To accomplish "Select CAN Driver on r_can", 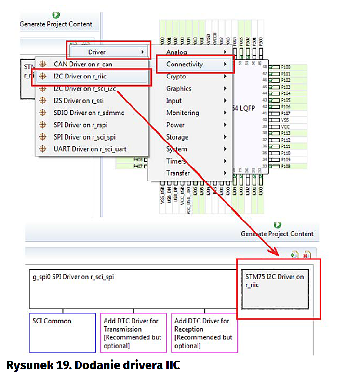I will (83, 64).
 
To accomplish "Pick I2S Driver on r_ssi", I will (79, 101).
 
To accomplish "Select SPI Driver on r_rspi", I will (81, 125).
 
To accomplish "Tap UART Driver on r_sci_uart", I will (90, 149).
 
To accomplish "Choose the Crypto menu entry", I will (176, 77).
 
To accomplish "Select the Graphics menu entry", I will (179, 89).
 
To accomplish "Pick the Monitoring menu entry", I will (182, 113).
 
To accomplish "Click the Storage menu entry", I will (177, 137).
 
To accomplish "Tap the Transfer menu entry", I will (178, 173).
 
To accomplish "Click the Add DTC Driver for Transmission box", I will (133, 333).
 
